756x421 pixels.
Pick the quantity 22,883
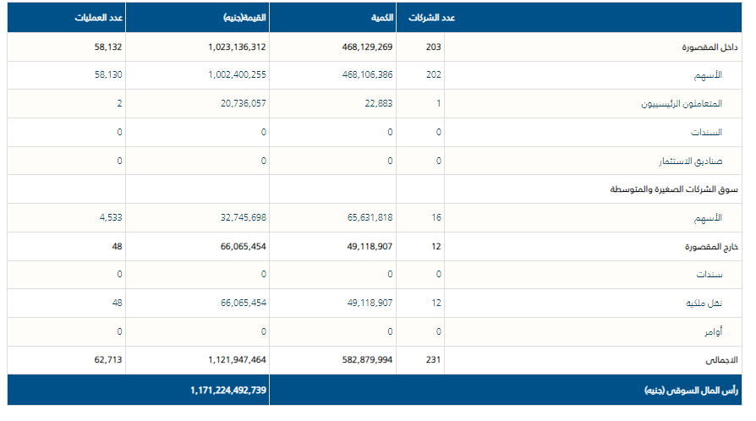click(376, 103)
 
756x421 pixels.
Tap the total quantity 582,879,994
click(361, 359)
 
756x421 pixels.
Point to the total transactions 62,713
click(109, 359)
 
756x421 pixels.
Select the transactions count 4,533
click(112, 217)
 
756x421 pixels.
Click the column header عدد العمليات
click(96, 18)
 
